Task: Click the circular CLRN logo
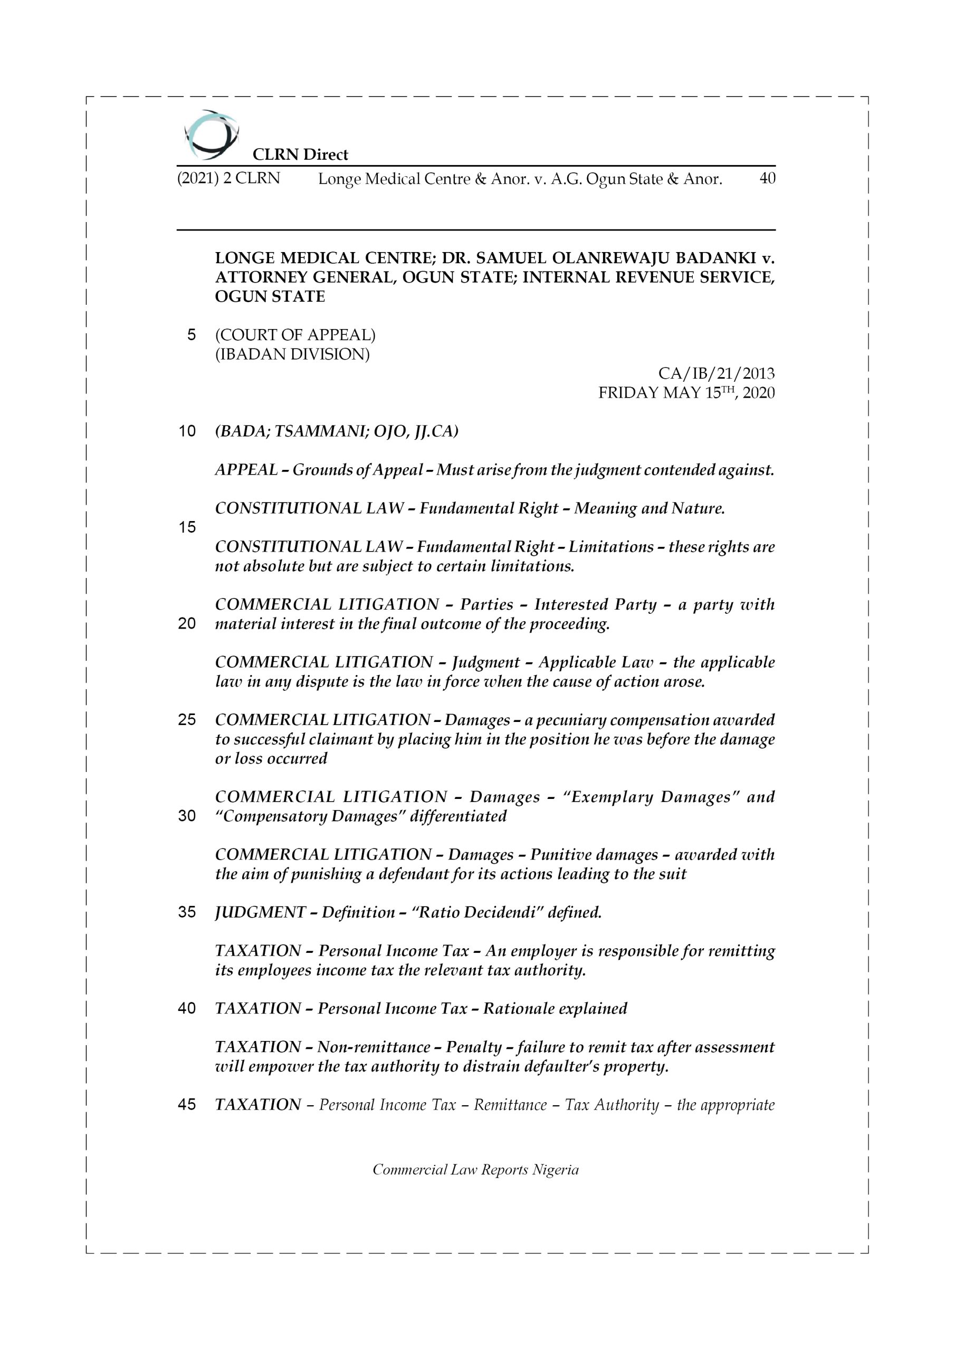(x=211, y=135)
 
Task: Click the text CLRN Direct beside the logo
(x=300, y=155)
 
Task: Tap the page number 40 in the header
(x=767, y=178)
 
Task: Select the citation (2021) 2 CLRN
(x=228, y=178)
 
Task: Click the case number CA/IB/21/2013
(x=715, y=373)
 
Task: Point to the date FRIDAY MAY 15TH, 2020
(x=686, y=393)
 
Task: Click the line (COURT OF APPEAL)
(x=295, y=335)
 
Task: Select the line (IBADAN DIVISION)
(x=292, y=354)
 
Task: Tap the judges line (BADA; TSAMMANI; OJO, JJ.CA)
(x=337, y=431)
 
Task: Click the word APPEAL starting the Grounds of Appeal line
(x=246, y=470)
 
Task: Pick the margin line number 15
(x=187, y=527)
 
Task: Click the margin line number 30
(x=187, y=816)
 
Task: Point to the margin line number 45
(x=187, y=1105)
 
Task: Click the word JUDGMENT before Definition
(x=260, y=912)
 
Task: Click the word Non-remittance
(x=374, y=1047)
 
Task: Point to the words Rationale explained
(x=555, y=1009)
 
